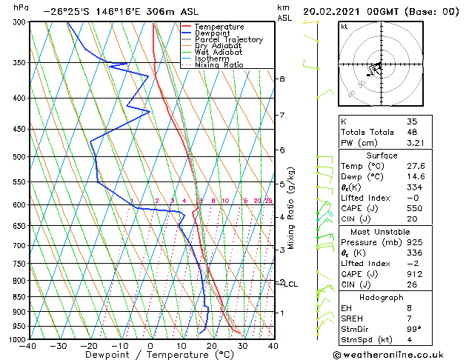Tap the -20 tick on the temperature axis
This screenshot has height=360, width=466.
coord(89,345)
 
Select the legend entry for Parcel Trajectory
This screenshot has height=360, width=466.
coord(228,40)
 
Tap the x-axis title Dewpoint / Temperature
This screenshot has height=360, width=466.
coord(150,355)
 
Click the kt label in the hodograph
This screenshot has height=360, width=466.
coord(344,26)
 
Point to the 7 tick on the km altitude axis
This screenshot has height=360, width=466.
coord(282,116)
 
